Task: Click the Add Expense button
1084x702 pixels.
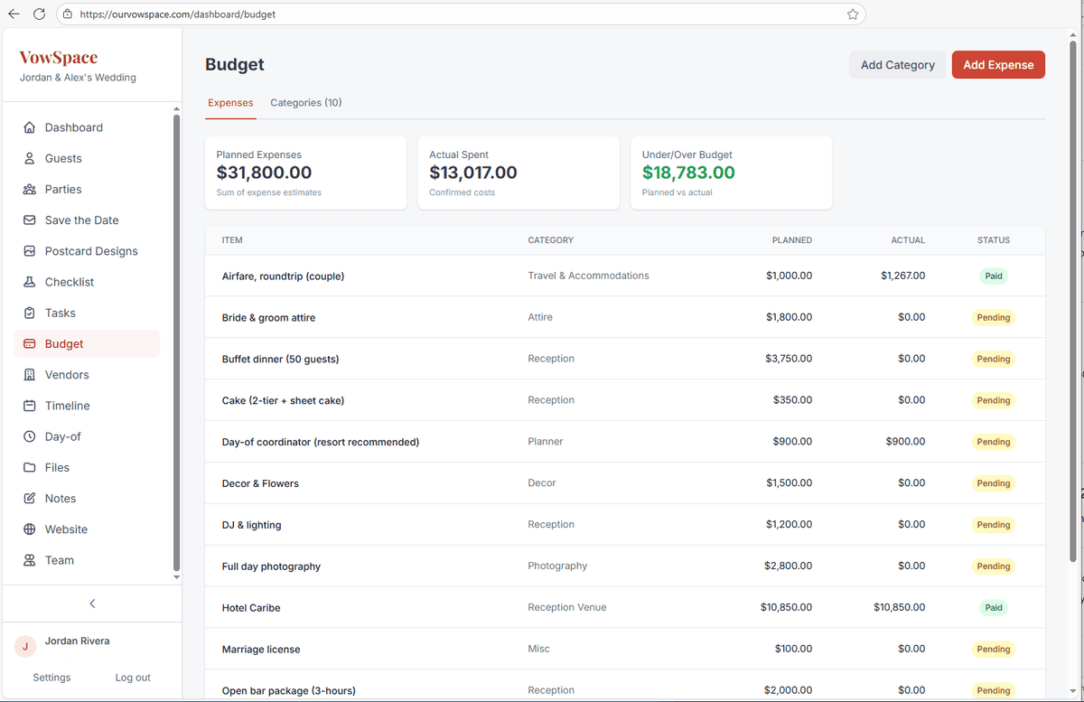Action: pyautogui.click(x=998, y=65)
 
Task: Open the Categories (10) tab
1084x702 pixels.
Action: pyautogui.click(x=305, y=102)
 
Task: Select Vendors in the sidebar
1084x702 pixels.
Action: pyautogui.click(x=67, y=375)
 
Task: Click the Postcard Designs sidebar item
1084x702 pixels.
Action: pyautogui.click(x=91, y=251)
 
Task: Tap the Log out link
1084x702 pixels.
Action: pyautogui.click(x=133, y=678)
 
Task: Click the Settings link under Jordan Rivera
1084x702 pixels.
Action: pyautogui.click(x=51, y=678)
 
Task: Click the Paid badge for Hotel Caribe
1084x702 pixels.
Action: pyautogui.click(x=993, y=608)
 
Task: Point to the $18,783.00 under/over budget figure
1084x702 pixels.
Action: pyautogui.click(x=688, y=173)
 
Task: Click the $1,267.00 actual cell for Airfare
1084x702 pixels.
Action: pyautogui.click(x=902, y=276)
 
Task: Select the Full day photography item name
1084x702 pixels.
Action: pyautogui.click(x=271, y=566)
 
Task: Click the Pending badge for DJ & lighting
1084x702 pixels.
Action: pyautogui.click(x=993, y=525)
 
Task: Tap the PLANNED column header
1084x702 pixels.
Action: pyautogui.click(x=791, y=240)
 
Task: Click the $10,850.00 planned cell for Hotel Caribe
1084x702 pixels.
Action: pyautogui.click(x=786, y=608)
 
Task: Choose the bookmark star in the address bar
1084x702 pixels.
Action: pyautogui.click(x=852, y=14)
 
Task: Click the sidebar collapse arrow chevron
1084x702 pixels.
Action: pyautogui.click(x=92, y=604)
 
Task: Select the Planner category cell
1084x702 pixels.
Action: pyautogui.click(x=545, y=442)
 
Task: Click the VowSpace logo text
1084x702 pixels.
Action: pyautogui.click(x=58, y=58)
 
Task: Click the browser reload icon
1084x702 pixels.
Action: pyautogui.click(x=39, y=14)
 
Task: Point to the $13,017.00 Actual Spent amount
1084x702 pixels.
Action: pyautogui.click(x=472, y=173)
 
